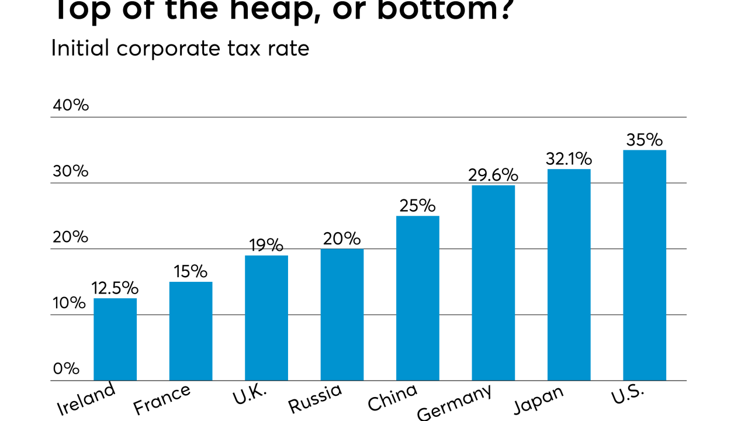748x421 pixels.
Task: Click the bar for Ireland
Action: [x=115, y=340]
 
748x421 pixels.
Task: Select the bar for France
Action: [x=191, y=331]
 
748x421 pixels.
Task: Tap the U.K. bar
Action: [x=266, y=318]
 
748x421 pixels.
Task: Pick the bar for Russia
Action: [x=342, y=315]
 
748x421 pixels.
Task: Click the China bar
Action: [x=417, y=298]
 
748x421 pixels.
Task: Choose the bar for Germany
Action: [x=493, y=283]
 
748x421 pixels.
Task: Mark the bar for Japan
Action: [x=569, y=275]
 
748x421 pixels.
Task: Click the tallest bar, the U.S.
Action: [x=645, y=265]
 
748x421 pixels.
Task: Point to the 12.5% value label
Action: [x=115, y=288]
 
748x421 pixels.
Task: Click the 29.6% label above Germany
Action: [x=493, y=175]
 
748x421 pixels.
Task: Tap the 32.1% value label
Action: [x=569, y=158]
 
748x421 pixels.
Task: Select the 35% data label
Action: [x=645, y=140]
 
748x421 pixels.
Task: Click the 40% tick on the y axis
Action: [x=71, y=105]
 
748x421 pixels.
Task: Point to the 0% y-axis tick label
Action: [x=66, y=368]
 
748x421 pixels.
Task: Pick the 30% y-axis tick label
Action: [x=71, y=171]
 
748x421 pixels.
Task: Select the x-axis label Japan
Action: [x=538, y=400]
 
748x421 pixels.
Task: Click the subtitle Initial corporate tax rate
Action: [x=180, y=48]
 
